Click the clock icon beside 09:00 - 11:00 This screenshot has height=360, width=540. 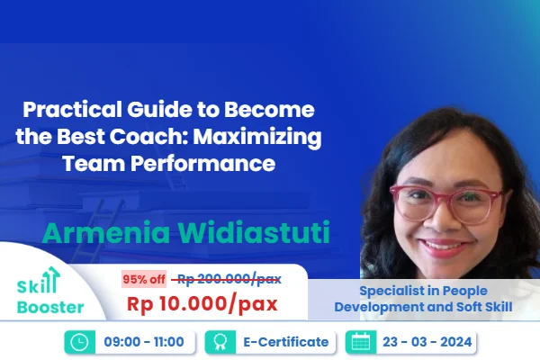click(78, 342)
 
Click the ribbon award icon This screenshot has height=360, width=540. click(218, 342)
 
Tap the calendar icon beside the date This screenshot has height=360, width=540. click(362, 342)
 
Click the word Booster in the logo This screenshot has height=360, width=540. click(50, 307)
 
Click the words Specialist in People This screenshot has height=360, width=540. click(423, 291)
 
